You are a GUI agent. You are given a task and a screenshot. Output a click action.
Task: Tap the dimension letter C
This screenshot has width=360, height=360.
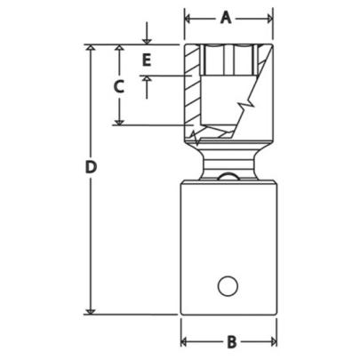[117, 86]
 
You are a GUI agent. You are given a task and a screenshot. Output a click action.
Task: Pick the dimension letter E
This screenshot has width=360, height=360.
[148, 60]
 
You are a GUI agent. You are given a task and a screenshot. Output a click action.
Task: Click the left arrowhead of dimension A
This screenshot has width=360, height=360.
[189, 16]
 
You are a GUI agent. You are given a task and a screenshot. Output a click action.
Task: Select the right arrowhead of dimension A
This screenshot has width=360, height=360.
[268, 16]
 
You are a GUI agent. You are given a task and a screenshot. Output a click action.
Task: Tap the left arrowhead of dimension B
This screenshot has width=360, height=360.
[187, 341]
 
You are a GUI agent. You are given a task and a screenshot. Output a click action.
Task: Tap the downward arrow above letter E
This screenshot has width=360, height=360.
[148, 40]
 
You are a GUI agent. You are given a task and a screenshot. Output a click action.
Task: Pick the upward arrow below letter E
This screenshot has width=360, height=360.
[148, 81]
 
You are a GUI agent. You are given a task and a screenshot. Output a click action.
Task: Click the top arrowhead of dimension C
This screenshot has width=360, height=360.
[117, 49]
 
